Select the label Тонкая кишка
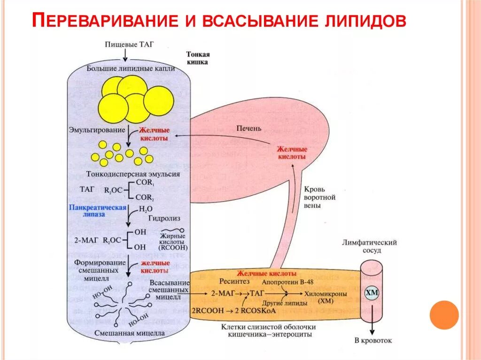[197, 58]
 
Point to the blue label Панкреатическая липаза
[97, 210]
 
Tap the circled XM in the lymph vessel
[372, 293]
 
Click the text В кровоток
[373, 341]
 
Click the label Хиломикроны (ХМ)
[326, 297]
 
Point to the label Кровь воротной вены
[320, 197]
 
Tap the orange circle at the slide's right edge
[444, 314]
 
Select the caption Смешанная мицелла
[130, 333]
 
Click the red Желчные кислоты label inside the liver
[291, 152]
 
